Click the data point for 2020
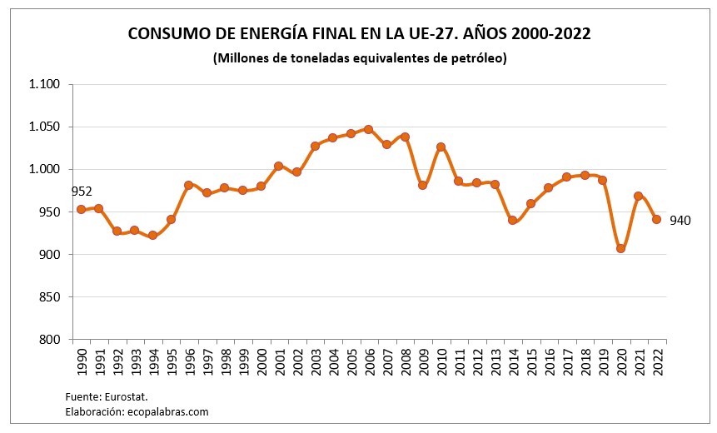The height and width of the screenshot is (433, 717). pos(620,248)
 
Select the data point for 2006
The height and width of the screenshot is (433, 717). pos(368,129)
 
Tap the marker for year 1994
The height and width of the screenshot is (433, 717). pos(152,236)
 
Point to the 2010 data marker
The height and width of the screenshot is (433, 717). pos(441,147)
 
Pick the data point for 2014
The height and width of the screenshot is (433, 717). pos(512,220)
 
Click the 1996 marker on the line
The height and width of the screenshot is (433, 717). pos(188,185)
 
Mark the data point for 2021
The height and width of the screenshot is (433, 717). pos(638,197)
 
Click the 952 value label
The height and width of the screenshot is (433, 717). pos(82,192)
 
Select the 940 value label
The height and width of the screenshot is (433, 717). pos(680,220)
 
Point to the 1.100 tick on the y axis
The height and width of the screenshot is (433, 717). pos(45,84)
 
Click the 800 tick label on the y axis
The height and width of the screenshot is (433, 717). pos(51,339)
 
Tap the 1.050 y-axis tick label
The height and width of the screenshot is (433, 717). pos(45,127)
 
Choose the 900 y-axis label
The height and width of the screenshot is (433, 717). pos(51,254)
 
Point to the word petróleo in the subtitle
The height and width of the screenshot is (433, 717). pos(479,58)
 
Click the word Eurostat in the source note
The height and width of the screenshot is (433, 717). pos(127,396)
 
